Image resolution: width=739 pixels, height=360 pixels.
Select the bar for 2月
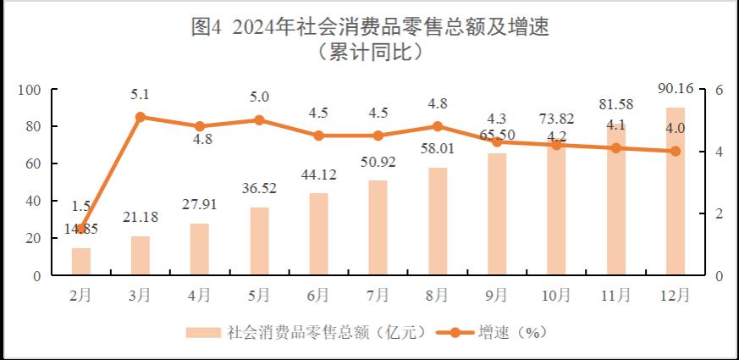click(x=80, y=262)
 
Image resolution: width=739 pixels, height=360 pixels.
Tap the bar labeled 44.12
click(x=318, y=235)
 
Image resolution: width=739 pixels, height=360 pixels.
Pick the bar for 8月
click(x=438, y=222)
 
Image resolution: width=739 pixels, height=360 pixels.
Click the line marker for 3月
click(x=140, y=117)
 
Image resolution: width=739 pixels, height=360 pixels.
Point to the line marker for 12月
click(x=675, y=152)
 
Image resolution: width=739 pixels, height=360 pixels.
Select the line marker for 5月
click(x=259, y=120)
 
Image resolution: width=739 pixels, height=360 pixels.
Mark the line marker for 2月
click(x=80, y=229)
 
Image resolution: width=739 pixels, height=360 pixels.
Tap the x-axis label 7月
click(x=378, y=295)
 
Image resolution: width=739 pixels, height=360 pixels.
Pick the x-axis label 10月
click(x=556, y=295)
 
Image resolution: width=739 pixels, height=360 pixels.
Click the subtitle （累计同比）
click(x=369, y=52)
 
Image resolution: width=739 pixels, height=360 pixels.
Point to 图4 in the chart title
click(x=207, y=27)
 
